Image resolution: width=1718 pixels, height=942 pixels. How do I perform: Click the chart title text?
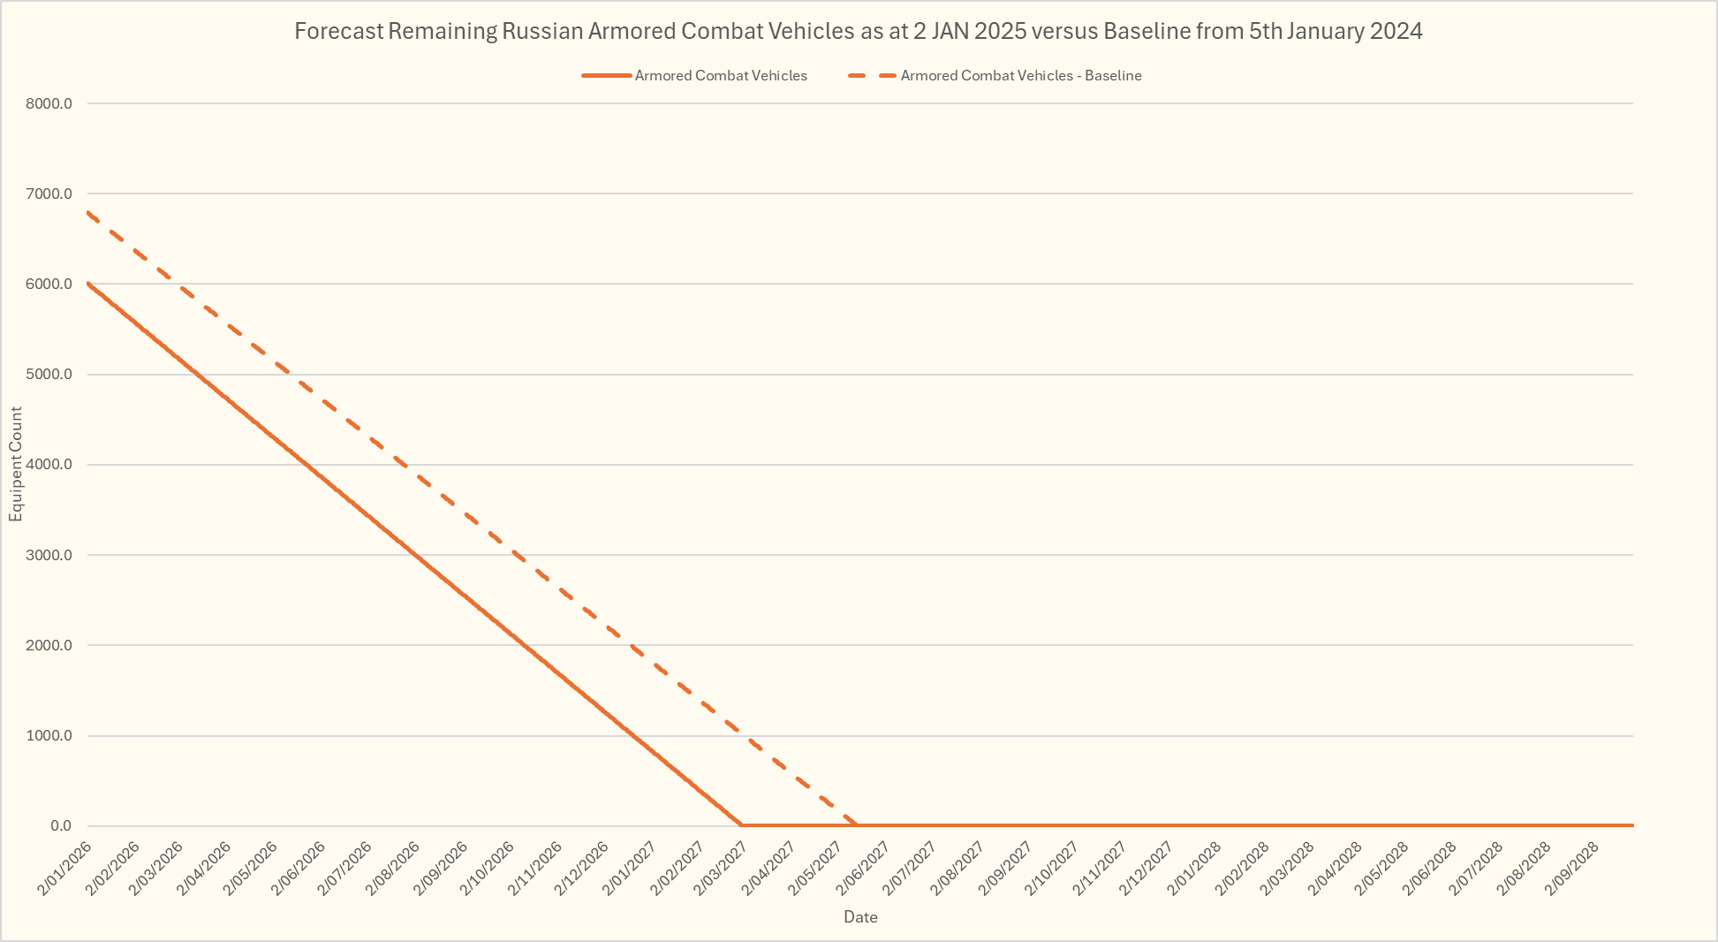click(858, 32)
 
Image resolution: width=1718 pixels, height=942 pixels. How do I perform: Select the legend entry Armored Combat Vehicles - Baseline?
click(1020, 76)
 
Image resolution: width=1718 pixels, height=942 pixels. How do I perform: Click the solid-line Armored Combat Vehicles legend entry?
click(720, 76)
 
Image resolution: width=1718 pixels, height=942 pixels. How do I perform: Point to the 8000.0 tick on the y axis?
click(49, 103)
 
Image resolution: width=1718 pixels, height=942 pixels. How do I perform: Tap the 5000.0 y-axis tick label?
click(49, 375)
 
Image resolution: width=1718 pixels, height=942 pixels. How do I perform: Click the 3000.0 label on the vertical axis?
click(49, 555)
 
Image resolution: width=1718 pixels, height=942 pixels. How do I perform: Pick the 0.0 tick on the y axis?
click(61, 826)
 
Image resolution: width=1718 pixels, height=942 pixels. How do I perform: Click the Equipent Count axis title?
click(16, 465)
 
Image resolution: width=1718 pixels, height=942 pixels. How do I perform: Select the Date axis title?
click(860, 917)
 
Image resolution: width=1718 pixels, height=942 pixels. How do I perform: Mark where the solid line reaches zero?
click(740, 825)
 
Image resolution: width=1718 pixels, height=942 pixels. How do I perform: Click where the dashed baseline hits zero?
click(856, 825)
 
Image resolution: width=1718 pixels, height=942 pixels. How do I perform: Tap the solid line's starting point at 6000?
click(88, 284)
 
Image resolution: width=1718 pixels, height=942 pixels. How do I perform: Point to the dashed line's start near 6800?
click(88, 212)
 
